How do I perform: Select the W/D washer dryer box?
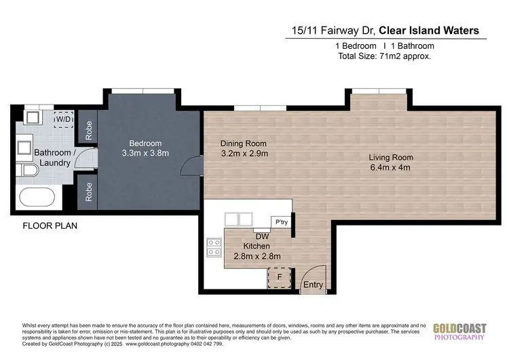pyautogui.click(x=63, y=119)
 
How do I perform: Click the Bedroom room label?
pyautogui.click(x=146, y=143)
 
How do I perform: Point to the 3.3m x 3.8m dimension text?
pyautogui.click(x=146, y=154)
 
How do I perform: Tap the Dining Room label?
pyautogui.click(x=244, y=143)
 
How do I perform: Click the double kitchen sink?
pyautogui.click(x=239, y=219)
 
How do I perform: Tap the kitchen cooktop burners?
pyautogui.click(x=214, y=247)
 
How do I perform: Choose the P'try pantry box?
pyautogui.click(x=280, y=222)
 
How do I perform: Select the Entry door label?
pyautogui.click(x=313, y=285)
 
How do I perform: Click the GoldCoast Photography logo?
pyautogui.click(x=460, y=331)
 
